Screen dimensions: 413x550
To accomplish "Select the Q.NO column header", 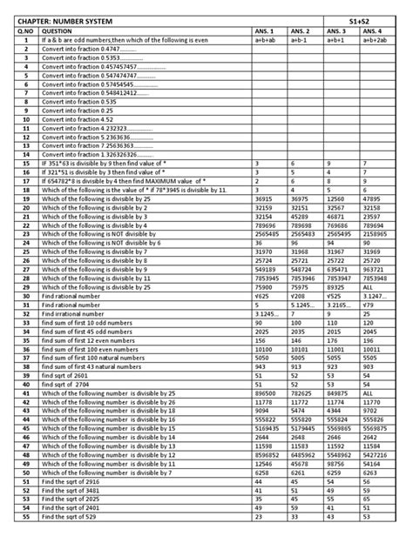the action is pyautogui.click(x=27, y=30).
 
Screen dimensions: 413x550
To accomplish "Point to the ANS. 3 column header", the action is pyautogui.click(x=337, y=30).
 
